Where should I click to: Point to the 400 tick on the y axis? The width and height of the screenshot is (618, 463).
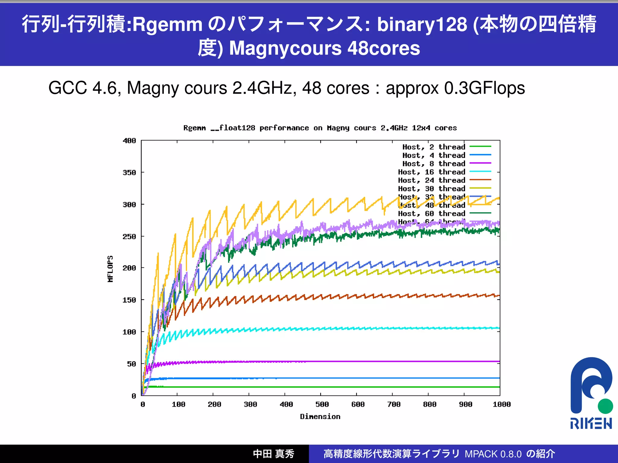(129, 141)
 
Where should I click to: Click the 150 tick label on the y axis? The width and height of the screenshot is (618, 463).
(129, 300)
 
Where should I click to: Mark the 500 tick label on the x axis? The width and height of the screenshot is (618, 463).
(322, 405)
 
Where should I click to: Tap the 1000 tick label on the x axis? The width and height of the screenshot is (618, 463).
(502, 405)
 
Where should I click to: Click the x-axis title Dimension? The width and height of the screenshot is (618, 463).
(320, 417)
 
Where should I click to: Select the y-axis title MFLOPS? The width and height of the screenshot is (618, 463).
(110, 269)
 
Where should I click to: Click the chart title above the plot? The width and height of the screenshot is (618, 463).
(320, 128)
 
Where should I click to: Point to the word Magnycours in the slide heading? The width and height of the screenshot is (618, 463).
(285, 48)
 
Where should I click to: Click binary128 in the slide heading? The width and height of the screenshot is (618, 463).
(422, 24)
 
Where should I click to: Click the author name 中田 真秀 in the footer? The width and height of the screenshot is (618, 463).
(273, 454)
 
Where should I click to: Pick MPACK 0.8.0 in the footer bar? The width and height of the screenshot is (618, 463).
(493, 454)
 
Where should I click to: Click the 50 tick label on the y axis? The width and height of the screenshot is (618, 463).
(132, 364)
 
